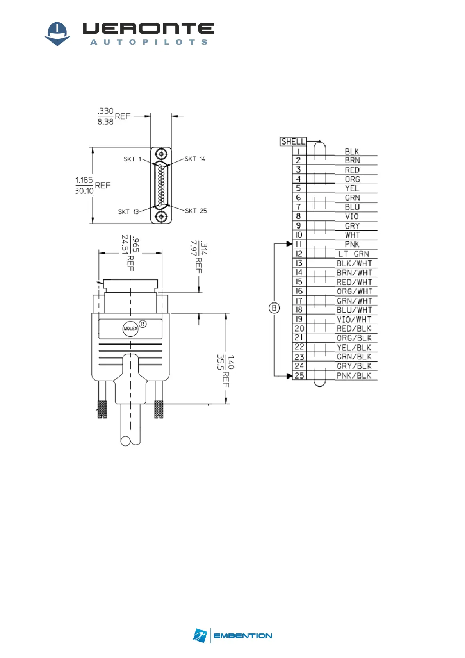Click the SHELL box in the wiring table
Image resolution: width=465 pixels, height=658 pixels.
(293, 141)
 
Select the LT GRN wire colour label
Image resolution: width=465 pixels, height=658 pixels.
(353, 254)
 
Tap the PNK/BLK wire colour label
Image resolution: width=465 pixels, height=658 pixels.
(354, 375)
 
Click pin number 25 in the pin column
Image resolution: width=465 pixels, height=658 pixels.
(299, 375)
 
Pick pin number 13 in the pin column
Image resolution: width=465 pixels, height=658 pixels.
(299, 263)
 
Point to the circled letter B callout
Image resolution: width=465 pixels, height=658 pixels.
(274, 308)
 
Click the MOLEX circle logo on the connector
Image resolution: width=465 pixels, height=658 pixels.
(130, 328)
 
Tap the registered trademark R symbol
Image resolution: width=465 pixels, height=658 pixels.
(143, 324)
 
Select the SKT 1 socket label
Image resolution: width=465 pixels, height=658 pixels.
(132, 159)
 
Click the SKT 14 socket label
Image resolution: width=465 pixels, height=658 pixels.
(195, 159)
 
